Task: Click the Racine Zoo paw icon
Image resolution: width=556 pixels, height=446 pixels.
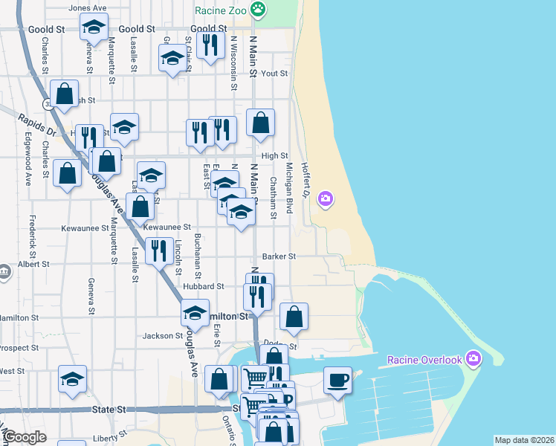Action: pyautogui.click(x=258, y=10)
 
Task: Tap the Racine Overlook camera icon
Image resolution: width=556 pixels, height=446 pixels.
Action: pyautogui.click(x=474, y=360)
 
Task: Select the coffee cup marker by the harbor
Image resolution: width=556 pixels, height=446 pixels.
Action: pyautogui.click(x=337, y=381)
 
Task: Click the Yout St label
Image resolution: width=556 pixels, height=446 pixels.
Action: pyautogui.click(x=274, y=74)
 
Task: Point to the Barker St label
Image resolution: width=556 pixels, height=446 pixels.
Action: pyautogui.click(x=279, y=256)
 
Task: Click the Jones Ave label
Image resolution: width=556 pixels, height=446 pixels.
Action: pyautogui.click(x=88, y=8)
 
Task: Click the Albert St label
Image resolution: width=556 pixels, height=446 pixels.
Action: pyautogui.click(x=33, y=264)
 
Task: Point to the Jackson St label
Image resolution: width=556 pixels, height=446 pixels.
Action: pyautogui.click(x=163, y=336)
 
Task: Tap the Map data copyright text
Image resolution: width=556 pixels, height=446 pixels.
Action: pyautogui.click(x=524, y=440)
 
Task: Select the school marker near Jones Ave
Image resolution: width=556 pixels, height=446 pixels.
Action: pyautogui.click(x=94, y=28)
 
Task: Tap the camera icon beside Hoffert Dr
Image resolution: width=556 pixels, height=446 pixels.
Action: pyautogui.click(x=325, y=198)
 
